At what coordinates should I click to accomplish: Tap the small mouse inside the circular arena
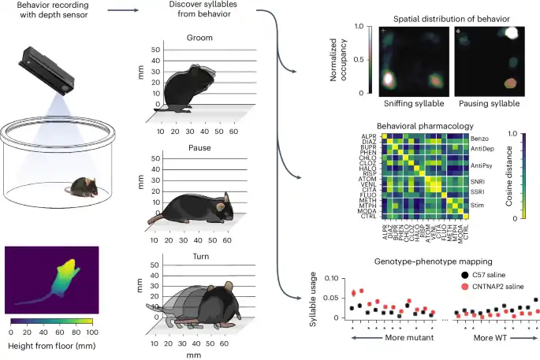[80, 187]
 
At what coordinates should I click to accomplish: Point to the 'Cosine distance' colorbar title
[530, 176]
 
